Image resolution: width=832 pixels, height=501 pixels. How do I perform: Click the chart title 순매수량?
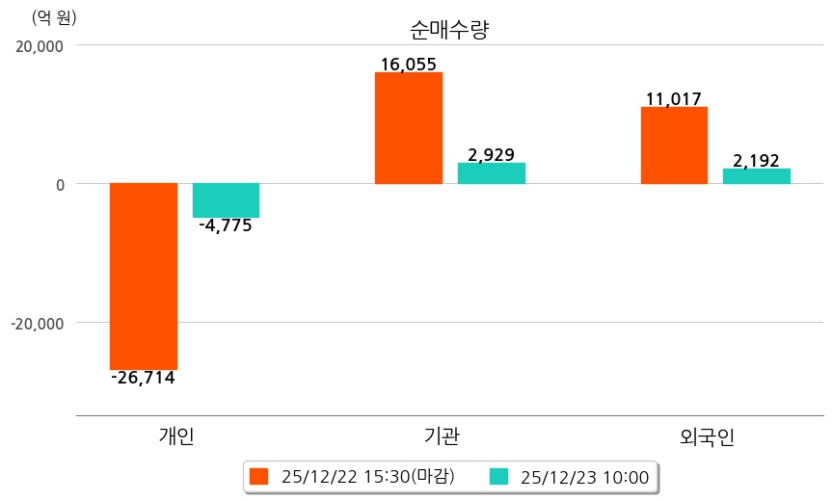click(449, 30)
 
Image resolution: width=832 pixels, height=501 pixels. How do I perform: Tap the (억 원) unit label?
click(54, 17)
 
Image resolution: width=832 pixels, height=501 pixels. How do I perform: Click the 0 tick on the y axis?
click(58, 184)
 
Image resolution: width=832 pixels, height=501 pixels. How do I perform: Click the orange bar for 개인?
click(144, 276)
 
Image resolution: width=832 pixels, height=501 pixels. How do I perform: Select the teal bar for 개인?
click(226, 200)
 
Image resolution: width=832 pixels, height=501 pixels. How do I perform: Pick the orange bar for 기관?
click(409, 128)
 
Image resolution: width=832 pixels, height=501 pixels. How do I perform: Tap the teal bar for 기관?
click(491, 173)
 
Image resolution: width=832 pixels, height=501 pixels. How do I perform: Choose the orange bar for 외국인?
click(674, 145)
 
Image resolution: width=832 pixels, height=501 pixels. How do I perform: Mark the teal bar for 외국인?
click(756, 176)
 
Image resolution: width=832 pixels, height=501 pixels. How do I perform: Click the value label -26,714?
click(143, 378)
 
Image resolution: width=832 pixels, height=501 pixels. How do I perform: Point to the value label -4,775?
click(225, 226)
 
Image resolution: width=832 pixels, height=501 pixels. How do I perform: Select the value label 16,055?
click(409, 65)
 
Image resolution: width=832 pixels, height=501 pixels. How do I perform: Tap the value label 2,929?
click(491, 154)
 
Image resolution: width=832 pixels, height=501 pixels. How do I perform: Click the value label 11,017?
click(674, 98)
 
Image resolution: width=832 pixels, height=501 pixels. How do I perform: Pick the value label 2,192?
click(756, 161)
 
